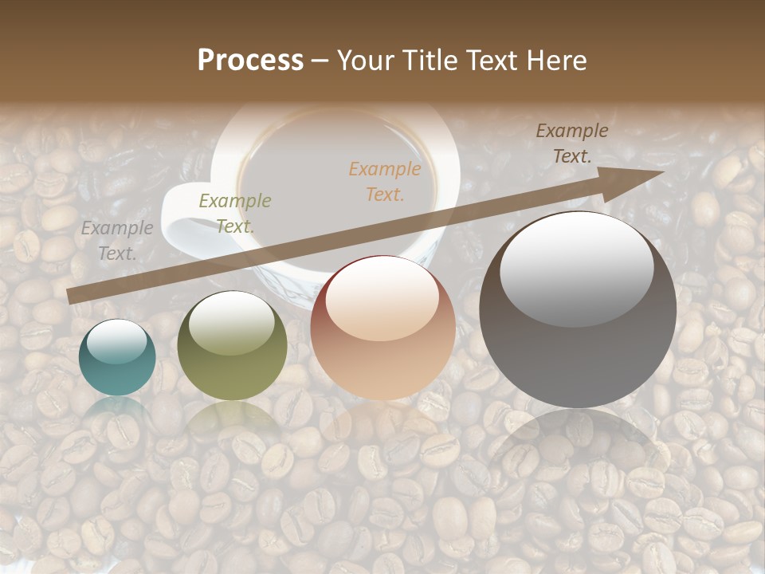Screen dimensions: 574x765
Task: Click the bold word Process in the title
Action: [x=250, y=61]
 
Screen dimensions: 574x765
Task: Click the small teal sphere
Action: [x=117, y=358]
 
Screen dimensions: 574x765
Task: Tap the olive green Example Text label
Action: [x=234, y=213]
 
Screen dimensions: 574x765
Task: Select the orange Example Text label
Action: [x=385, y=181]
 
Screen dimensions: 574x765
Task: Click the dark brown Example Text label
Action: [x=571, y=143]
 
